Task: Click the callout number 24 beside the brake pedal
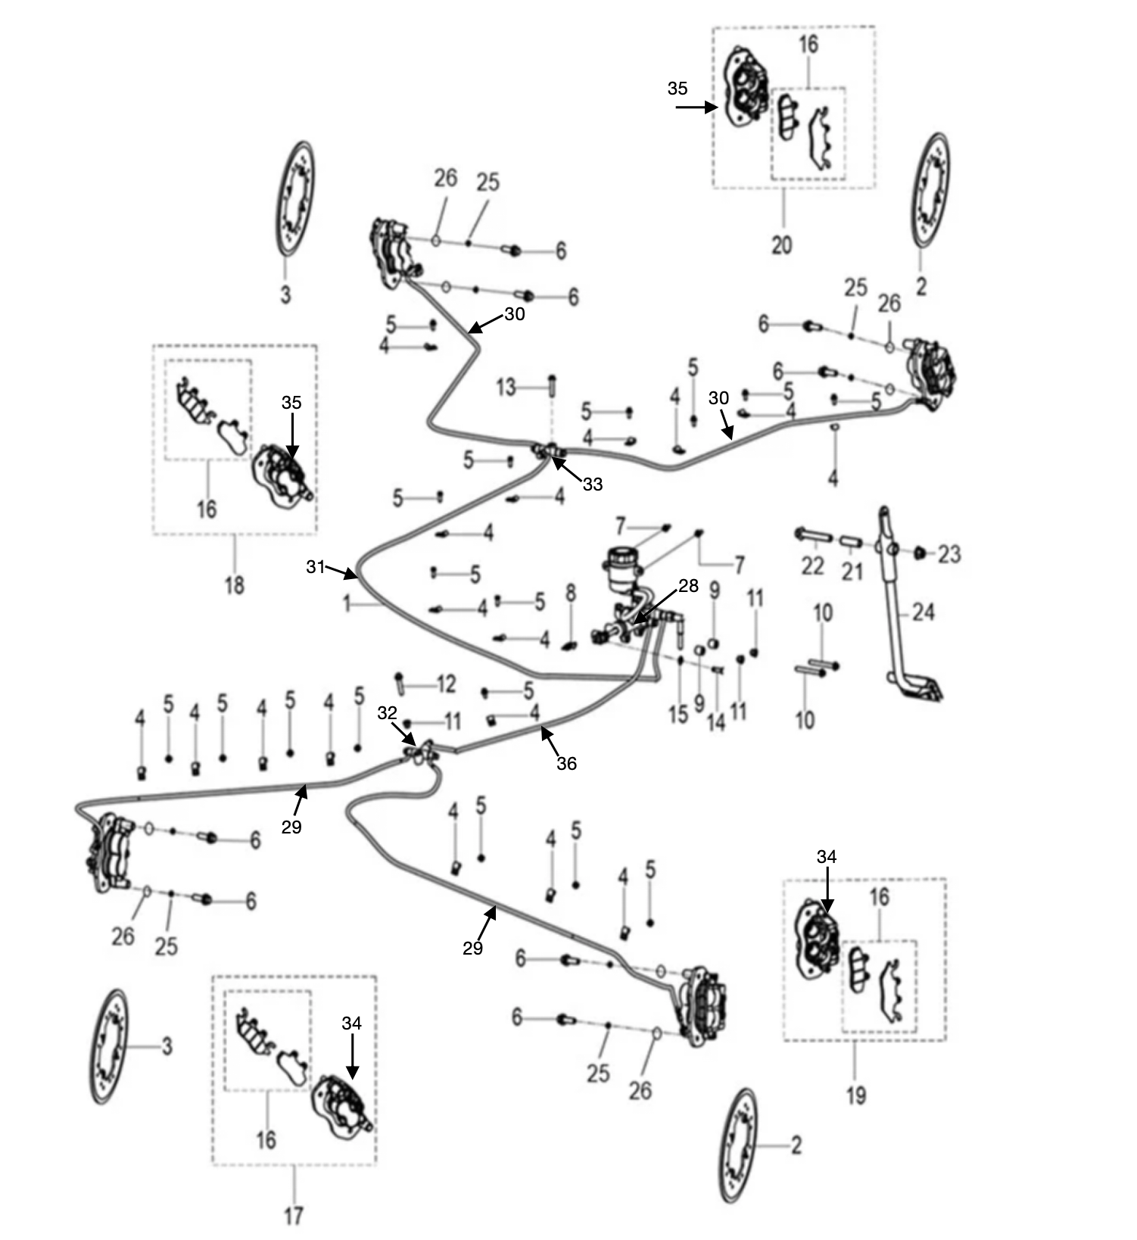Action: (924, 612)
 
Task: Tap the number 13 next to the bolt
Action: (506, 388)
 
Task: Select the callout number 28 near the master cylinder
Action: (688, 585)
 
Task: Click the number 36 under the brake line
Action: (566, 763)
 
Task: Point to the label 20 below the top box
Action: (782, 245)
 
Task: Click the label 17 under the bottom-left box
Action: (294, 1216)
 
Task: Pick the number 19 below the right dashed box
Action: (856, 1095)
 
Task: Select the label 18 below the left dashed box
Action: (235, 584)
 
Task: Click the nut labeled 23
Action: (921, 553)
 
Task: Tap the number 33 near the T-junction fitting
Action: (593, 484)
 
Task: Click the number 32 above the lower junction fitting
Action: (387, 713)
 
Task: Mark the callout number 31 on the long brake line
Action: (316, 566)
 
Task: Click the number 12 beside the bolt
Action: (447, 684)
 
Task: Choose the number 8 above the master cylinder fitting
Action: (571, 593)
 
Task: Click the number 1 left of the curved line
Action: (347, 604)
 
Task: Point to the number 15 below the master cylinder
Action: (678, 714)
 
